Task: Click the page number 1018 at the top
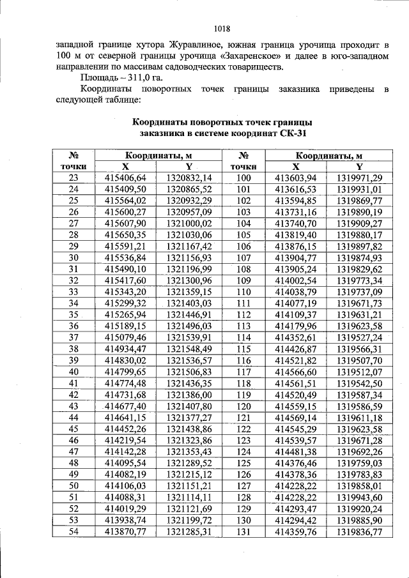pos(221,29)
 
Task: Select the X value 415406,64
pos(125,177)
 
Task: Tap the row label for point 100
pos(243,177)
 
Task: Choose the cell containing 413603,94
pos(295,177)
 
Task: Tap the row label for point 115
pos(243,348)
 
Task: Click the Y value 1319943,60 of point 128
pos(359,496)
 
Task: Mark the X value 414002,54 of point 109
pos(295,280)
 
